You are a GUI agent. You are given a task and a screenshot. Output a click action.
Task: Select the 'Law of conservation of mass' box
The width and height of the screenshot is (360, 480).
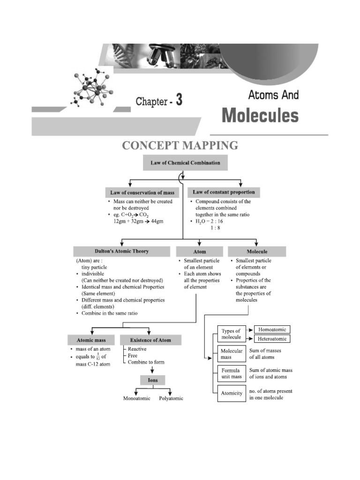tap(142, 193)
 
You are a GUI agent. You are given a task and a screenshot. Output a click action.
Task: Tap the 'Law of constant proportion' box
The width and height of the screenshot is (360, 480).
tap(224, 192)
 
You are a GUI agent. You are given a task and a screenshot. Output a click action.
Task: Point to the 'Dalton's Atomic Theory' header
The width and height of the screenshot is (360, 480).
tap(122, 251)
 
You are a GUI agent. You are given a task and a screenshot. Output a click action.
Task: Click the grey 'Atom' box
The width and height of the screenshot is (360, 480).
tap(200, 252)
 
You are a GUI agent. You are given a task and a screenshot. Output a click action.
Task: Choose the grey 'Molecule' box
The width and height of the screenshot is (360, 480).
tap(257, 252)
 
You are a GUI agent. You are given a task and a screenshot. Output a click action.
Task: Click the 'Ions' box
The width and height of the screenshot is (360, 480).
tap(153, 380)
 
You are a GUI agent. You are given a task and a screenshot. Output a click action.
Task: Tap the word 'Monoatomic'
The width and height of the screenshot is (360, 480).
tap(136, 398)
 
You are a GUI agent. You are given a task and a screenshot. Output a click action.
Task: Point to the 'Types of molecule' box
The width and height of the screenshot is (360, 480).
tap(231, 334)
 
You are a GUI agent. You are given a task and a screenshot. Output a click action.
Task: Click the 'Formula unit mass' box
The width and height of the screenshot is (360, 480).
tap(231, 374)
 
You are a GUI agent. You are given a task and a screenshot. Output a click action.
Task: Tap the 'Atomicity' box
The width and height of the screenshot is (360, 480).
tap(231, 393)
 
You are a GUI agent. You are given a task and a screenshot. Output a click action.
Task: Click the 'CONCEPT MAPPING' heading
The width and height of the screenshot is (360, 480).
tap(180, 146)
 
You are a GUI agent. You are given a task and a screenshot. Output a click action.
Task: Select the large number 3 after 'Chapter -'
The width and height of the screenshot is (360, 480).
tap(179, 100)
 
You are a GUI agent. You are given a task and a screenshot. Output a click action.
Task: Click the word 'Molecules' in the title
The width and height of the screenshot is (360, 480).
tap(260, 115)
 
